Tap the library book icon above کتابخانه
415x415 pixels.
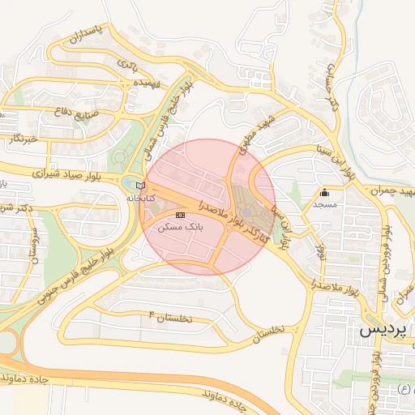click(140, 186)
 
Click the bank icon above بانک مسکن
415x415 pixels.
click(180, 214)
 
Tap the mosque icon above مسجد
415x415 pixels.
click(325, 193)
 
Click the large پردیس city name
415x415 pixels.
click(382, 331)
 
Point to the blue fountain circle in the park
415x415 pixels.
click(247, 213)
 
